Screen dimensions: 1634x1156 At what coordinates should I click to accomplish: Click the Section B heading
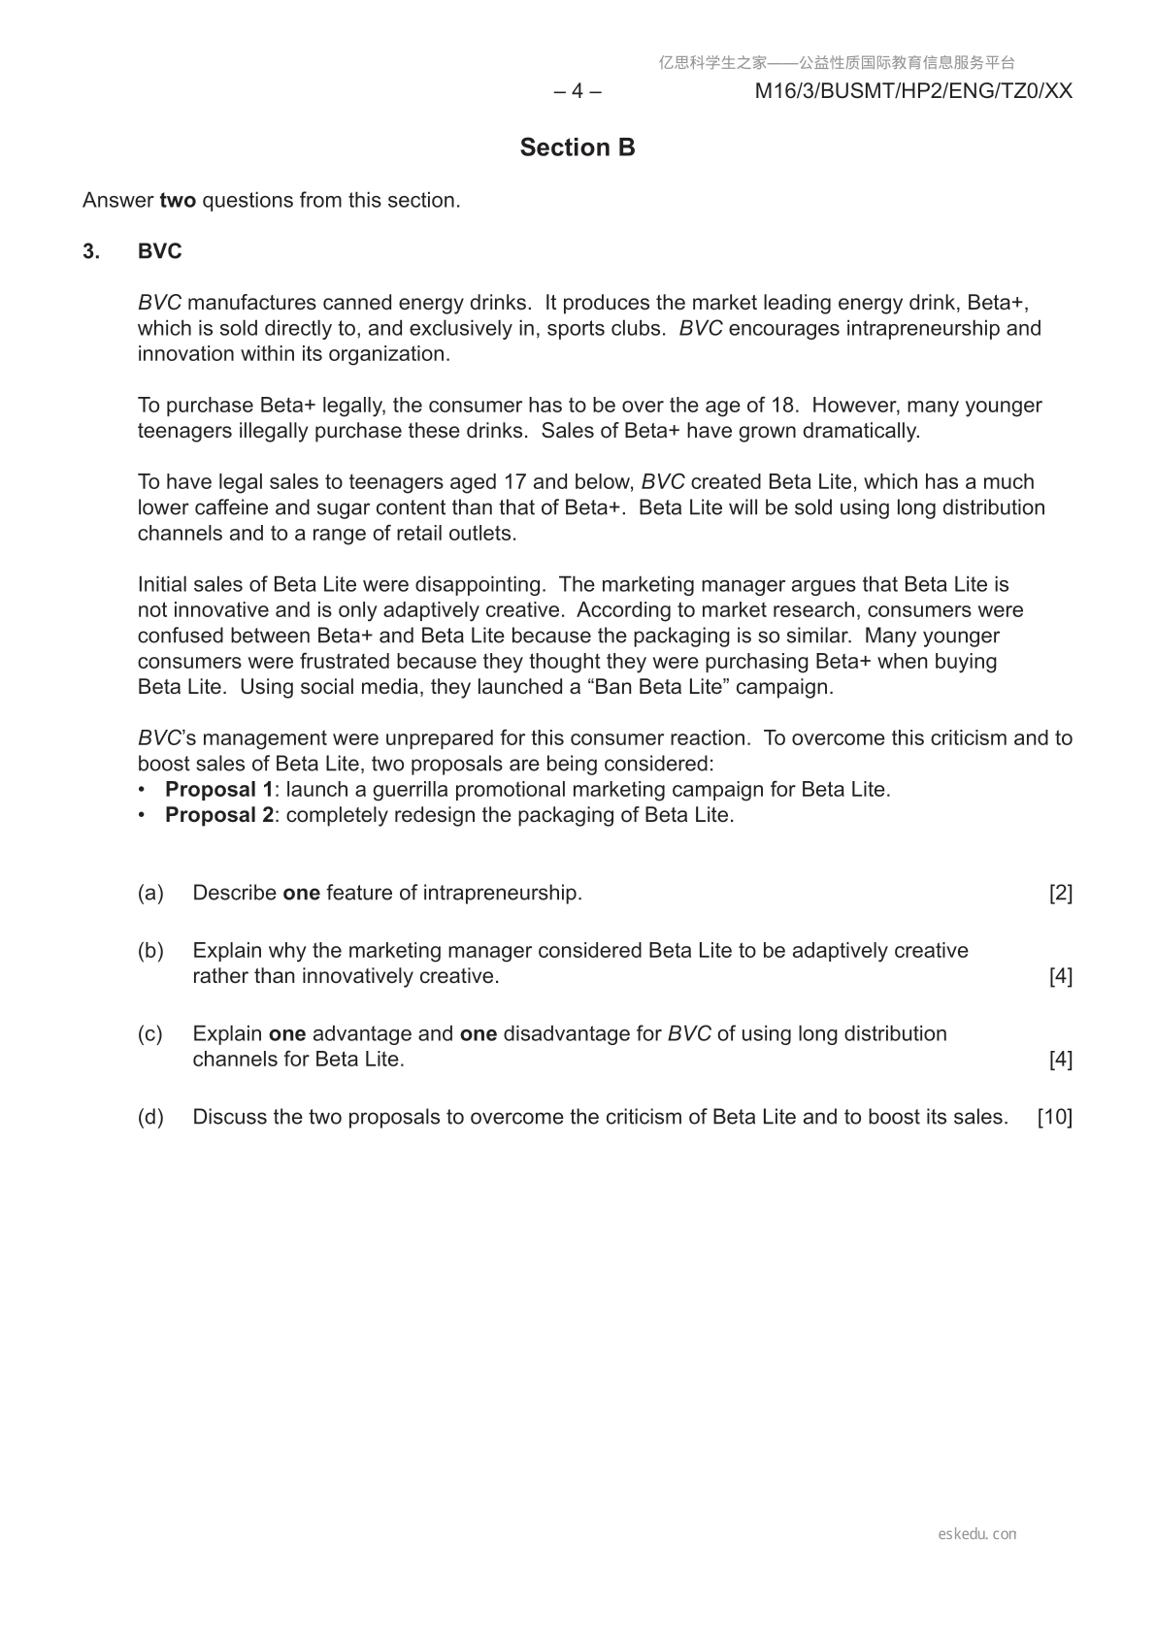point(578,147)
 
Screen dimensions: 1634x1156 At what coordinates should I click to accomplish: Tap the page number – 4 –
point(578,91)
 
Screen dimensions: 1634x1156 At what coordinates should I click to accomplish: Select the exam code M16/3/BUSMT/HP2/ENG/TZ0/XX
point(913,91)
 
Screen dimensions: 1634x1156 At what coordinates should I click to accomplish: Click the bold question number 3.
point(91,251)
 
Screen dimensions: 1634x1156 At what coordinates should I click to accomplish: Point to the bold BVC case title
point(160,251)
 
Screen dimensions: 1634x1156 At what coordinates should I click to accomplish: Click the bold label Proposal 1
point(219,790)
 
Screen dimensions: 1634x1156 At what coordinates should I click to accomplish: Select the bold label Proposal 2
point(219,815)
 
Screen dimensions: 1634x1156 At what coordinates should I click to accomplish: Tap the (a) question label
point(150,893)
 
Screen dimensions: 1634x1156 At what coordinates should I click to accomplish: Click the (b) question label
point(150,951)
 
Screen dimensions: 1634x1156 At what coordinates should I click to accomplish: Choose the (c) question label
point(150,1034)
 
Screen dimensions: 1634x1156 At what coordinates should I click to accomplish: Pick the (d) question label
point(150,1117)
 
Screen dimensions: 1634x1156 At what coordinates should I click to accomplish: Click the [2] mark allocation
point(1061,893)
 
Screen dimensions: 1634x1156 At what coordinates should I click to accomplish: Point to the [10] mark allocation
point(1055,1117)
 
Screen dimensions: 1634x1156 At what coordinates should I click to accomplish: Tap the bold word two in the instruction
point(178,201)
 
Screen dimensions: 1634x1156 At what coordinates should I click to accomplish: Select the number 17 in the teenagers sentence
point(515,482)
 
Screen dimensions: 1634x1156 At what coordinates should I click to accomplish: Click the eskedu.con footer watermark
point(977,1534)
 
